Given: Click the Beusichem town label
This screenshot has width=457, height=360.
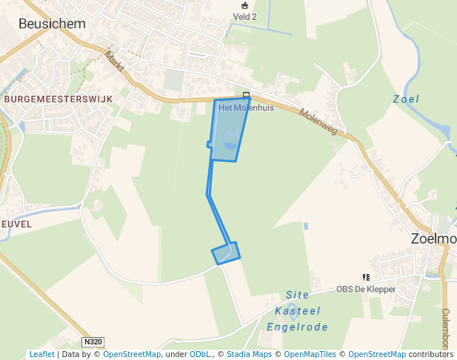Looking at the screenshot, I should click(x=52, y=24).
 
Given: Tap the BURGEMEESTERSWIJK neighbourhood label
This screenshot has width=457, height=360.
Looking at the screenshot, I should click(x=59, y=99).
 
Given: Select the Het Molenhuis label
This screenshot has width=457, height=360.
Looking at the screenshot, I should click(x=246, y=107).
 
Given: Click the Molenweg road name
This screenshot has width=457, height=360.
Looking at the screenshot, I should click(x=318, y=121).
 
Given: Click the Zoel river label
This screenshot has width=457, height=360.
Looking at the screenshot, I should click(x=406, y=99).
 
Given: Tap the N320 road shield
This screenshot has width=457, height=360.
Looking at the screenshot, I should click(x=92, y=341).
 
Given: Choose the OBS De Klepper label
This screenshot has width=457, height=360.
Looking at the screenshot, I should click(x=366, y=290).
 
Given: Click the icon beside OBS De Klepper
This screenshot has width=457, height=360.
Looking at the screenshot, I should click(x=366, y=277).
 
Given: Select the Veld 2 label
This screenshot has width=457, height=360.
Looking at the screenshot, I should click(x=245, y=16).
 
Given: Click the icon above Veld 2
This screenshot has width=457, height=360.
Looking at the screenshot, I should click(x=245, y=5).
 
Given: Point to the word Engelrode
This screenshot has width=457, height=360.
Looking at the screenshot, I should click(x=297, y=325).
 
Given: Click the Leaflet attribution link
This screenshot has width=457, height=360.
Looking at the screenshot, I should click(x=41, y=355).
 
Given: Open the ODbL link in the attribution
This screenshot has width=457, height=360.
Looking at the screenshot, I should click(x=200, y=355).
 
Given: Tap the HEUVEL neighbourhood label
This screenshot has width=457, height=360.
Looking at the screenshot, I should click(x=16, y=223).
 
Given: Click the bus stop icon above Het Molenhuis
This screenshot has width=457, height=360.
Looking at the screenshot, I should click(x=246, y=95).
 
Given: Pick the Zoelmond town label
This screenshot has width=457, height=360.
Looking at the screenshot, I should click(x=434, y=239).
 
